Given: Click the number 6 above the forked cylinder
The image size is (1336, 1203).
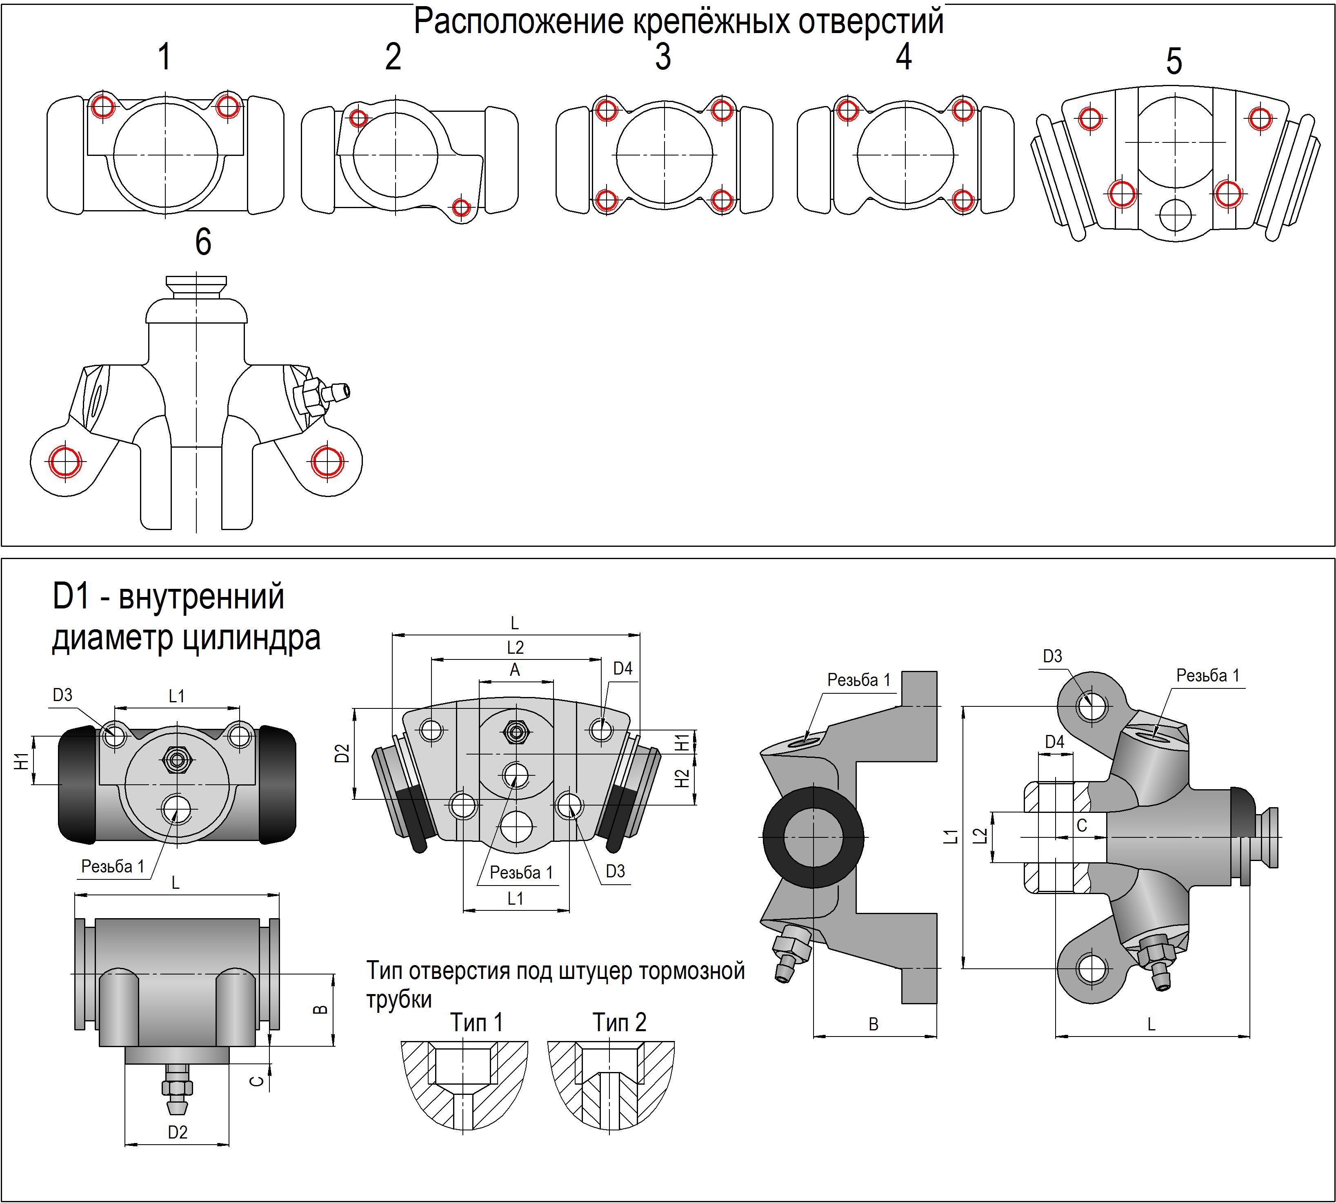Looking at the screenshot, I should pyautogui.click(x=203, y=242).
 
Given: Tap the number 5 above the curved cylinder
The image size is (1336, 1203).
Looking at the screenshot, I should pyautogui.click(x=1174, y=62).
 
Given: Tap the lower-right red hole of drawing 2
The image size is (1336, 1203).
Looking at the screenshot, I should pyautogui.click(x=461, y=208).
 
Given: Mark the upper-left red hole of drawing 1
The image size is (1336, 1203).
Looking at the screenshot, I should pyautogui.click(x=102, y=106).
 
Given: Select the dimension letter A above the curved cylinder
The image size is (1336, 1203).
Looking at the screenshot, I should pyautogui.click(x=515, y=670).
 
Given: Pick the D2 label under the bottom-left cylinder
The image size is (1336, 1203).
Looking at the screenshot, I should pyautogui.click(x=177, y=1132).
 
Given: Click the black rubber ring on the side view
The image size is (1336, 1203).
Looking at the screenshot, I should pyautogui.click(x=812, y=837).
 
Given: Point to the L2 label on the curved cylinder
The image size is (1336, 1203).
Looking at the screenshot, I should pyautogui.click(x=515, y=647).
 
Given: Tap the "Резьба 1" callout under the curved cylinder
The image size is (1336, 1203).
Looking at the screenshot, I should pyautogui.click(x=521, y=872).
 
